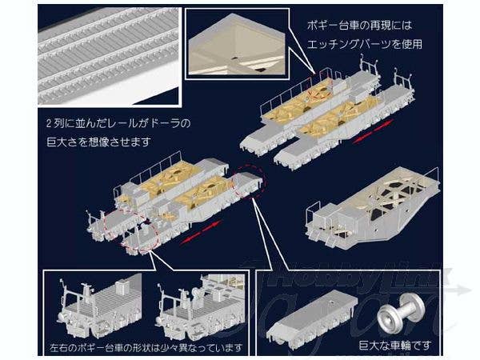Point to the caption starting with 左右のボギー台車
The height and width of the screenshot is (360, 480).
(x=145, y=349)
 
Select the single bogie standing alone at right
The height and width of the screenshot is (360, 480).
(x=372, y=206)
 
